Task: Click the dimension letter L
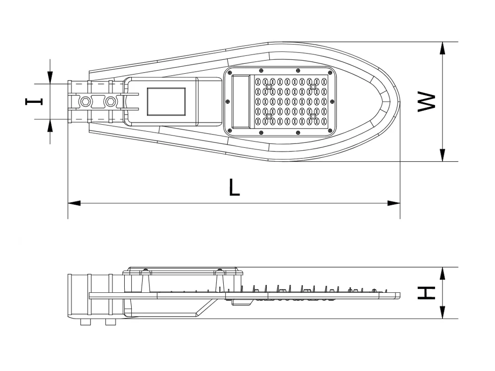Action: point(234,187)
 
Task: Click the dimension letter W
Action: point(426,102)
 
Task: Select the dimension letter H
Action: point(426,293)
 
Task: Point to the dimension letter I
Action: point(34,101)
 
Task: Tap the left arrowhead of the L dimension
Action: point(74,203)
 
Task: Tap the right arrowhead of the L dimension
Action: point(394,203)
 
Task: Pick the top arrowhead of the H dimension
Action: point(443,273)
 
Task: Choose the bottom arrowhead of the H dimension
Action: point(443,312)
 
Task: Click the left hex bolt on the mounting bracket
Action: point(85,101)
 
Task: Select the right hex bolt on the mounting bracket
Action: point(110,101)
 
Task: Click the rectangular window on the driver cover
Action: point(166,101)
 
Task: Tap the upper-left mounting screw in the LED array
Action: point(269,87)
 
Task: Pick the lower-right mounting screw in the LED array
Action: point(313,116)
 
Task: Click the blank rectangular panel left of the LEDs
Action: point(241,101)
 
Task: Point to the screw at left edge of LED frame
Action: point(228,101)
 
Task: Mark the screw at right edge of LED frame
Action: point(332,101)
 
